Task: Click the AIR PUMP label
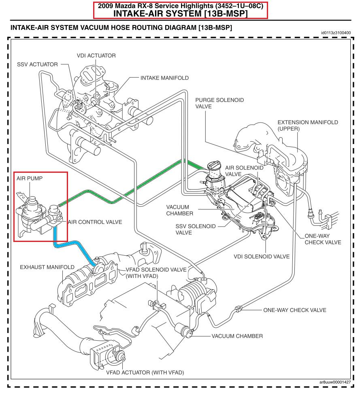click(x=30, y=178)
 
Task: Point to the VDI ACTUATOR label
click(x=96, y=55)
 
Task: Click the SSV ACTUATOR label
click(x=37, y=64)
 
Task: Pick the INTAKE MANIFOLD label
click(x=164, y=78)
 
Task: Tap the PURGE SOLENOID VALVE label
click(x=219, y=104)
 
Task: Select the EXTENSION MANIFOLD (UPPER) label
click(x=307, y=125)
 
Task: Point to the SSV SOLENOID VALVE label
click(x=194, y=229)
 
